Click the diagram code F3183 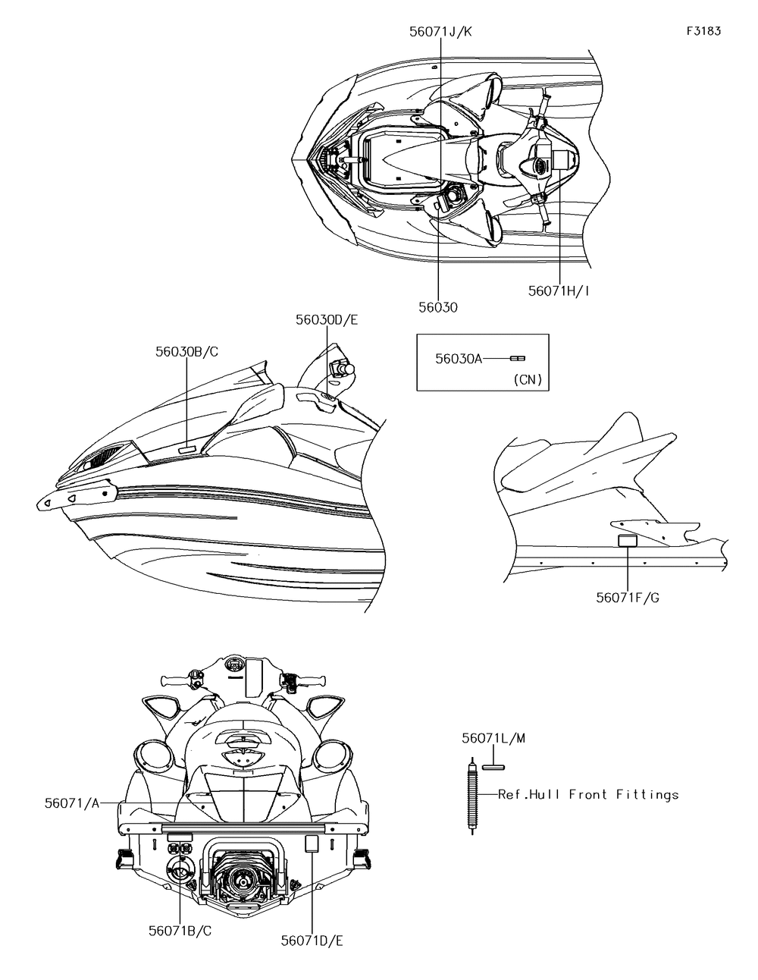(703, 31)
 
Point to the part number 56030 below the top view (438, 306)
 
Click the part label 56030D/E (327, 320)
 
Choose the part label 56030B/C (187, 351)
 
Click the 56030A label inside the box (459, 359)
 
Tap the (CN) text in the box (528, 379)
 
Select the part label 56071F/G (627, 597)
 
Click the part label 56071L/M (493, 737)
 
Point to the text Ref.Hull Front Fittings (588, 794)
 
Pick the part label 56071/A (71, 803)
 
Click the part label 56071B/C (180, 931)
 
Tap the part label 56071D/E (312, 941)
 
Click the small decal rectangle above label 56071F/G (627, 541)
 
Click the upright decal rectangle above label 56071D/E (311, 843)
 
